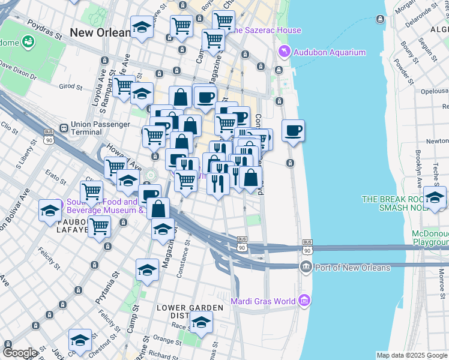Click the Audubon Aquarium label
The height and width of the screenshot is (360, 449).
(330, 52)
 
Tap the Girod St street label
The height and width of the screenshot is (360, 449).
(71, 86)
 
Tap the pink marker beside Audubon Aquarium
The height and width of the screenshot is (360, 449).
(283, 52)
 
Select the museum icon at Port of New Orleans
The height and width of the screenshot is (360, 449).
(306, 267)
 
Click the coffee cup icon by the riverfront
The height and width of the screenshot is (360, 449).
(293, 130)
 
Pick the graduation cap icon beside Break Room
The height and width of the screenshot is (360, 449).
(435, 197)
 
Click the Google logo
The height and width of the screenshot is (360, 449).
(20, 353)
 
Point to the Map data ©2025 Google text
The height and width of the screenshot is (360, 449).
(412, 355)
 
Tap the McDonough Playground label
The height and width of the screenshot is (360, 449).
(430, 238)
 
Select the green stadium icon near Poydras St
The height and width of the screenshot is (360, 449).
(27, 41)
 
